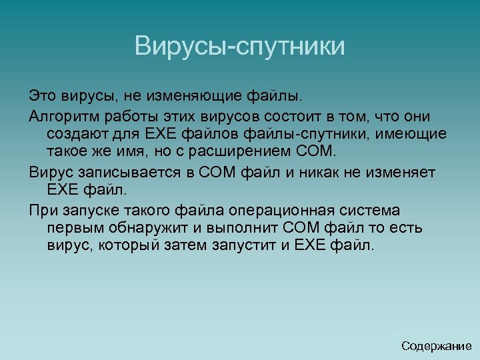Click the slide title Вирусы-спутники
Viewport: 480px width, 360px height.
tap(240, 47)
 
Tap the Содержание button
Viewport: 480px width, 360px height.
tap(437, 346)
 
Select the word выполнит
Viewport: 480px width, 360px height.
tap(238, 228)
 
